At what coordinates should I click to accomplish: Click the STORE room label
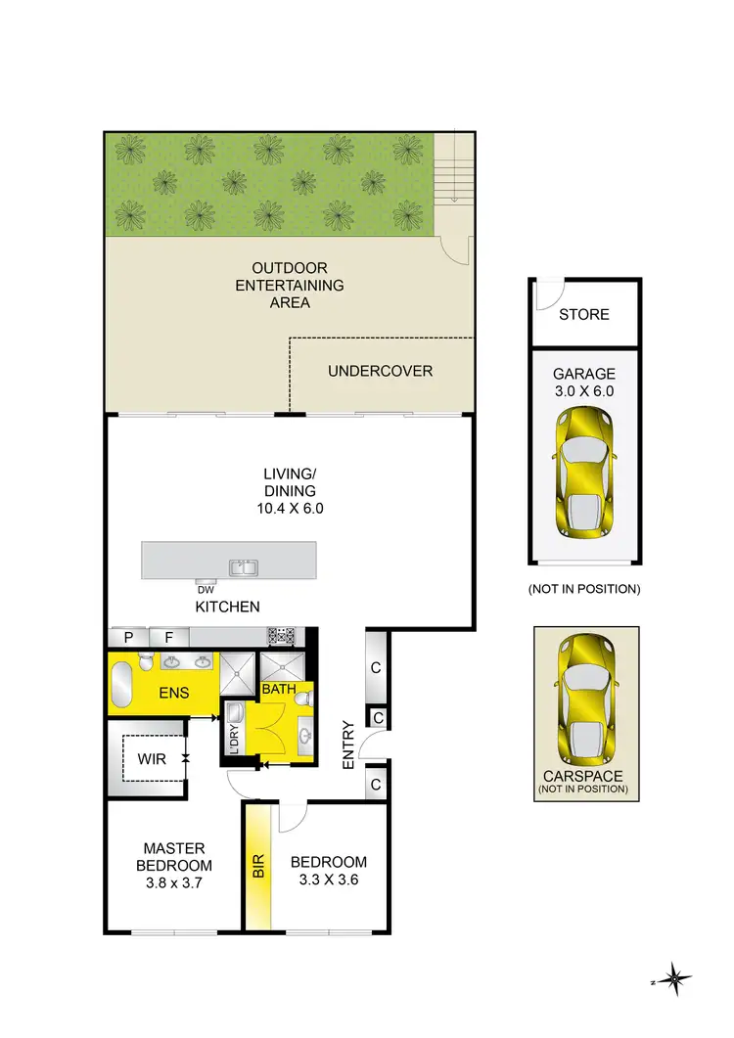click(584, 315)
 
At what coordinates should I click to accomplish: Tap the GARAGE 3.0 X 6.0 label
click(584, 382)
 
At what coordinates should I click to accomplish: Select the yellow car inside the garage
click(584, 474)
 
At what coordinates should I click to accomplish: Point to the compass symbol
click(675, 978)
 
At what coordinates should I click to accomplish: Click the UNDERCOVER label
click(380, 371)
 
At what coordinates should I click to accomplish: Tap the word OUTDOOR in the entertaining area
click(290, 268)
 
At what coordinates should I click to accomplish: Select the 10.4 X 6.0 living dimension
click(290, 509)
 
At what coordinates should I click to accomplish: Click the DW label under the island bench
click(206, 589)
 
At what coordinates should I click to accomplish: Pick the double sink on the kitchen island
click(243, 566)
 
